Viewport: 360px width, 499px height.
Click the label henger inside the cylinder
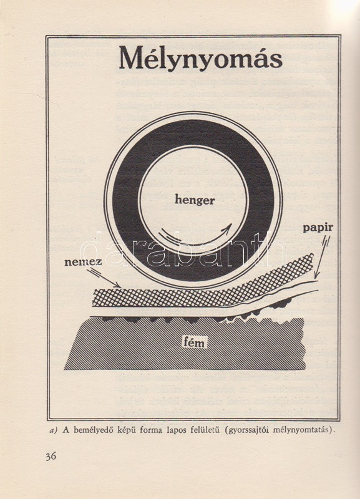[x=195, y=200]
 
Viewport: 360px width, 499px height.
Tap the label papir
[x=318, y=228]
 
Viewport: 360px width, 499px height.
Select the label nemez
[x=83, y=262]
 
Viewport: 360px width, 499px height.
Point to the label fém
[x=195, y=342]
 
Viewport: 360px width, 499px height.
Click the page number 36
[x=51, y=457]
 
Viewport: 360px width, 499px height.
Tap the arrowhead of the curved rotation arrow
[x=227, y=228]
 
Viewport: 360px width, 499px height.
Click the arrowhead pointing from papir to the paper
[x=316, y=276]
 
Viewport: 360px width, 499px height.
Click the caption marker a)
[x=54, y=431]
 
